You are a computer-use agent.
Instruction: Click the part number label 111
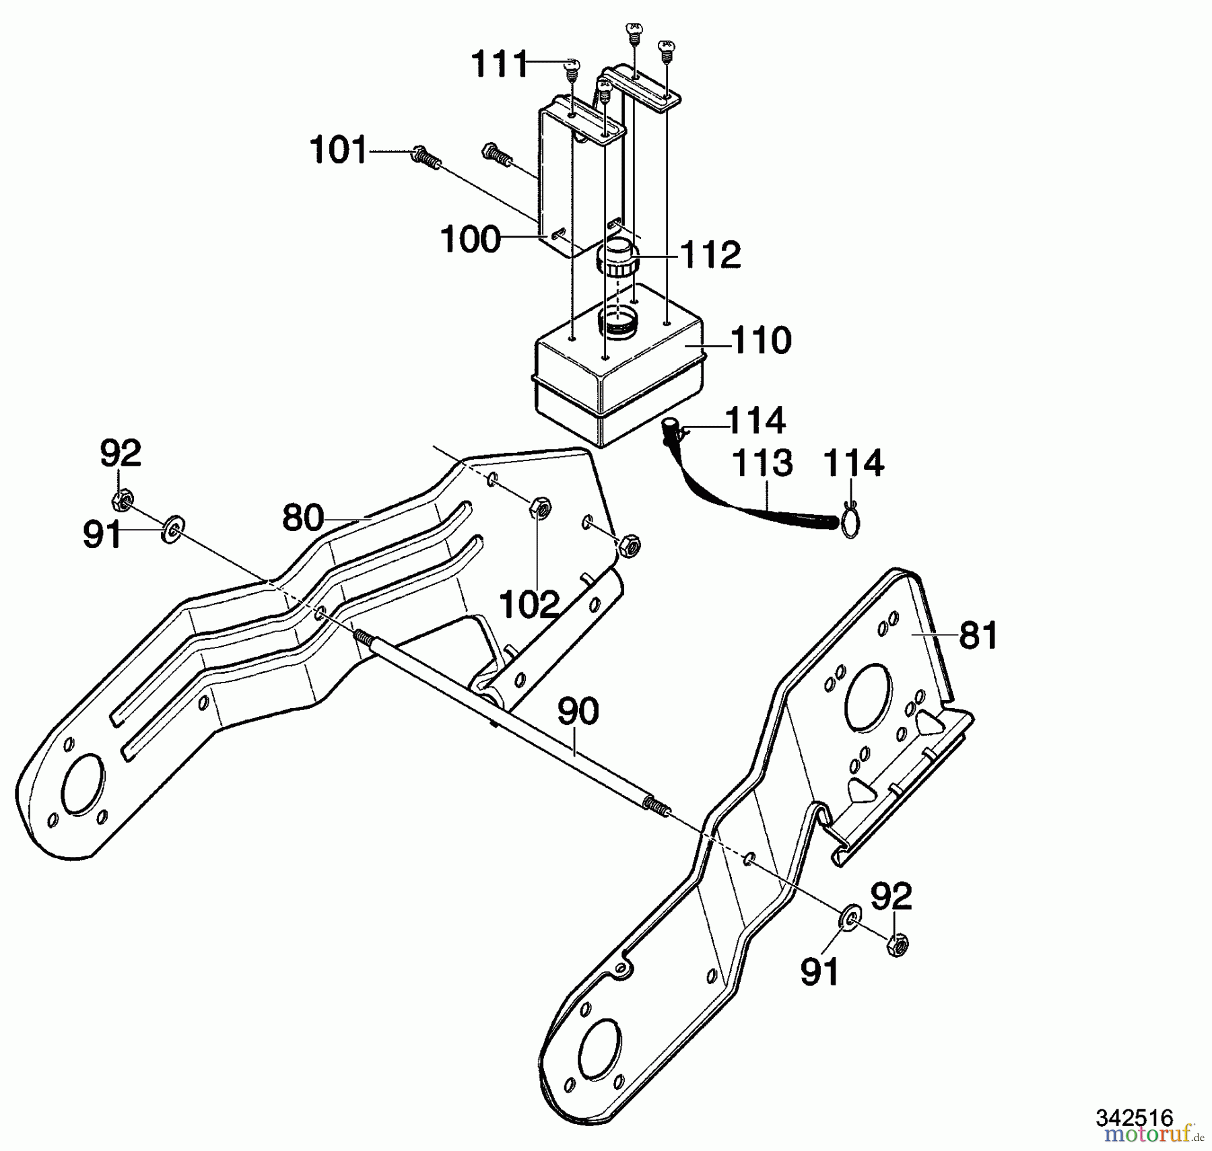[x=500, y=65]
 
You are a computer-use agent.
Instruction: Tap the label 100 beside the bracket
[x=470, y=240]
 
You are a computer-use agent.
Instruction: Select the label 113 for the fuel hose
[x=762, y=463]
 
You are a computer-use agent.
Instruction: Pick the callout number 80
[x=303, y=518]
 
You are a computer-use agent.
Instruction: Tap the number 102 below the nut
[x=530, y=604]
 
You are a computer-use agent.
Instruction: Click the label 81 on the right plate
[x=978, y=635]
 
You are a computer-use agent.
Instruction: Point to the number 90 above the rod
[x=578, y=711]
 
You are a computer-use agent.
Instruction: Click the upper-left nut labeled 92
[x=122, y=500]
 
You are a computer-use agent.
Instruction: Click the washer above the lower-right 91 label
[x=850, y=917]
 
